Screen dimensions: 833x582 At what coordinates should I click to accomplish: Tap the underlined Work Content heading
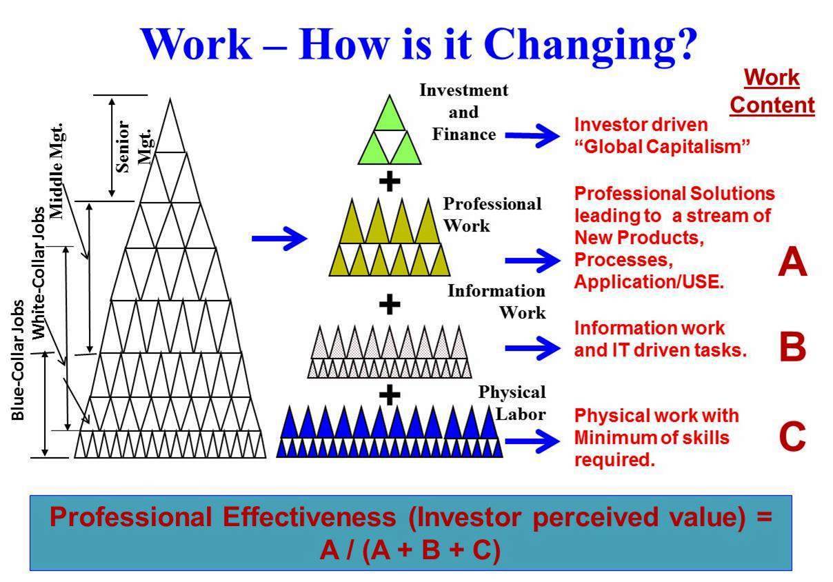[772, 92]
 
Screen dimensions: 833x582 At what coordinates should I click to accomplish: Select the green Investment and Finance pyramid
[390, 130]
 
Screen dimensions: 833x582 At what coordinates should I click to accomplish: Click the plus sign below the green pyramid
[390, 181]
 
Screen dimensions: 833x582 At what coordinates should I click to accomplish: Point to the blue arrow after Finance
[532, 136]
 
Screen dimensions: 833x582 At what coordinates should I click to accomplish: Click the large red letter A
[792, 262]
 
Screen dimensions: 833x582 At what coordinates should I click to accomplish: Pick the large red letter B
[792, 347]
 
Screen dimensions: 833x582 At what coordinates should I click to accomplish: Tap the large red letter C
[792, 436]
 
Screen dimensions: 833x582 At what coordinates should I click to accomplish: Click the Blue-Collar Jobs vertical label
[18, 360]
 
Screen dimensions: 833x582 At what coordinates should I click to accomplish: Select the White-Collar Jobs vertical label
[38, 273]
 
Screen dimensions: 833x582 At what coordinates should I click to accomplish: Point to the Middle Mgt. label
[57, 171]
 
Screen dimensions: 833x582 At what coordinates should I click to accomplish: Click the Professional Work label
[492, 214]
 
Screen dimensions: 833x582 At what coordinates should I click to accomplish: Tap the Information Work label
[496, 301]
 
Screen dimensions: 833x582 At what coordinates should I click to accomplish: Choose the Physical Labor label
[512, 403]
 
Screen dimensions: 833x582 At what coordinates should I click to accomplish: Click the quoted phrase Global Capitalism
[662, 146]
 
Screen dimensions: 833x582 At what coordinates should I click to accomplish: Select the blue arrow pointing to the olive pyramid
[279, 239]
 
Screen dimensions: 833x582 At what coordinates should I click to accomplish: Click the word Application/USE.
[649, 281]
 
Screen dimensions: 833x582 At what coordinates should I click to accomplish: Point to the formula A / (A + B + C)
[410, 550]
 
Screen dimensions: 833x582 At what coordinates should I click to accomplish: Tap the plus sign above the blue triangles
[390, 394]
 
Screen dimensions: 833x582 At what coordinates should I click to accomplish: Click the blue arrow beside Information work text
[532, 348]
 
